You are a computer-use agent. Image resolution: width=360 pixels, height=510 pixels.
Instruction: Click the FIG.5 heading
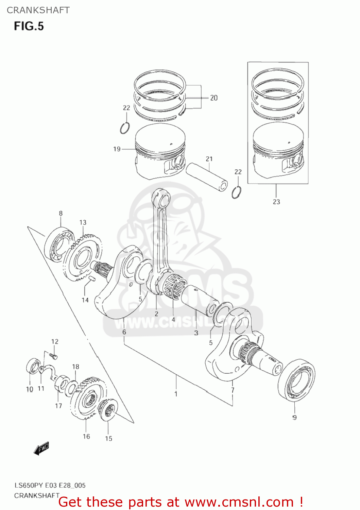click(x=29, y=26)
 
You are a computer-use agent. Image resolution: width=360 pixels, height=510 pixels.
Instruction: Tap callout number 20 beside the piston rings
click(x=213, y=98)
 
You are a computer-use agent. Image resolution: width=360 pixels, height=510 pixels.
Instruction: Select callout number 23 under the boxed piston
click(x=276, y=202)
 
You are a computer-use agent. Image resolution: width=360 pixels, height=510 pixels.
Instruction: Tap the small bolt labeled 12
click(x=54, y=356)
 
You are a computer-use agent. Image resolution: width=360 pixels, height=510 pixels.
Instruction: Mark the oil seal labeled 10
click(x=32, y=367)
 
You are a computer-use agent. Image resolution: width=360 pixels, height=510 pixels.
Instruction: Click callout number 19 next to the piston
click(x=117, y=149)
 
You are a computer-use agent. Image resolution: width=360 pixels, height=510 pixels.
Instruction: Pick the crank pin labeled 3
click(x=199, y=299)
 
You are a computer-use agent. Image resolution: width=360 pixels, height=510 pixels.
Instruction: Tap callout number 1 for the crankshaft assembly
click(x=176, y=394)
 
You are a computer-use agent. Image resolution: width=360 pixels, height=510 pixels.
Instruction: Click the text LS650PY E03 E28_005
click(x=50, y=485)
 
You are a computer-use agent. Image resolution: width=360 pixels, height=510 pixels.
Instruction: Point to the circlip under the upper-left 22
click(x=125, y=128)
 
